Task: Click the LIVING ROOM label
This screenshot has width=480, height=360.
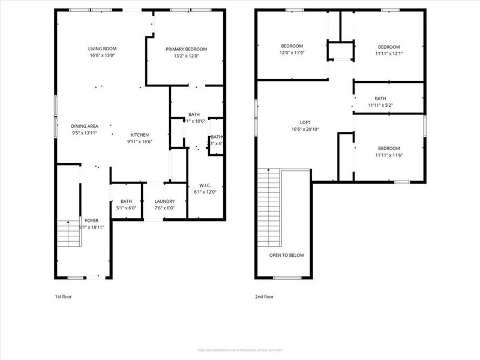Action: click(102, 49)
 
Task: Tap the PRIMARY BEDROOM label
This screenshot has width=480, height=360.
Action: click(186, 49)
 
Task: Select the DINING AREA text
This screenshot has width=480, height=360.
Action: click(85, 126)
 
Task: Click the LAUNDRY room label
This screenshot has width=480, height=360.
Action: click(164, 202)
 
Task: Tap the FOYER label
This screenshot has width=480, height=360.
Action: click(91, 221)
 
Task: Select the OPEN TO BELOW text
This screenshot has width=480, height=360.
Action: click(286, 255)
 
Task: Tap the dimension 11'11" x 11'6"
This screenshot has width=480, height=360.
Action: click(389, 155)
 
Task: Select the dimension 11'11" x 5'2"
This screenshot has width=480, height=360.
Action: click(380, 106)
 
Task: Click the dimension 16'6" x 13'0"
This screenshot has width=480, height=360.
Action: click(102, 56)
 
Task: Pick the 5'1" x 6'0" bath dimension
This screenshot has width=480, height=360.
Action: click(126, 208)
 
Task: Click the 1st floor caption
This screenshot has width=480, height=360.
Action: click(63, 296)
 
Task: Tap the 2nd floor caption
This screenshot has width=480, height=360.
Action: click(265, 296)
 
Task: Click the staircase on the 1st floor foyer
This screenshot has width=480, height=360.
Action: click(68, 234)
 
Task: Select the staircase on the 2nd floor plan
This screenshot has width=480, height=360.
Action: click(268, 207)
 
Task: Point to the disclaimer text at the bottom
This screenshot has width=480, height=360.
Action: click(240, 350)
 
